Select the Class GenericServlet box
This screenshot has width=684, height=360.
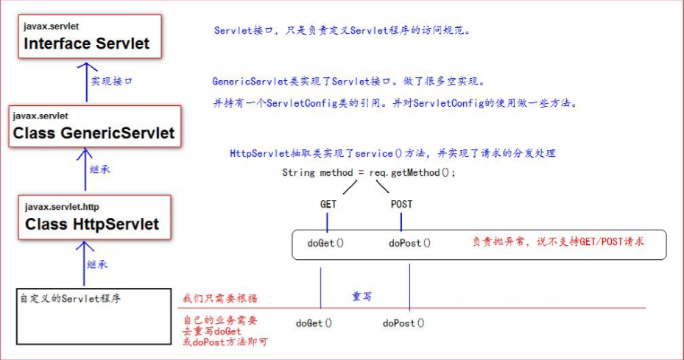(94, 126)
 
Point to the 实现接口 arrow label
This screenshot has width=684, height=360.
(111, 82)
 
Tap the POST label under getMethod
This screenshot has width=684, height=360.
(401, 204)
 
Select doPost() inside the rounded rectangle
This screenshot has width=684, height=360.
(409, 242)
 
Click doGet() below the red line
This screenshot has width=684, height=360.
(314, 322)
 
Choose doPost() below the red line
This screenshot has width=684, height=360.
(403, 322)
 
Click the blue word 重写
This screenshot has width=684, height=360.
(362, 296)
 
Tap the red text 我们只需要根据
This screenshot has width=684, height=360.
(214, 299)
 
